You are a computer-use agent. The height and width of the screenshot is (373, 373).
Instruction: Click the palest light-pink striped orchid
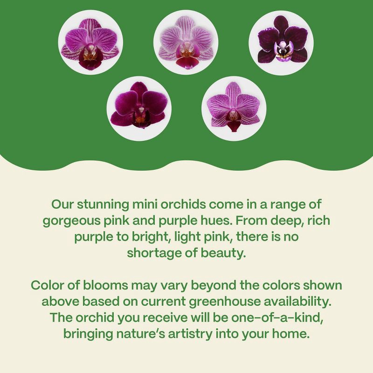tap(186, 42)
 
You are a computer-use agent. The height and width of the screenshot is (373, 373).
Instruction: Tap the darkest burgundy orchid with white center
tap(281, 42)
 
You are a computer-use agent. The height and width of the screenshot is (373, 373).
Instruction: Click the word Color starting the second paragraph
tap(48, 285)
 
